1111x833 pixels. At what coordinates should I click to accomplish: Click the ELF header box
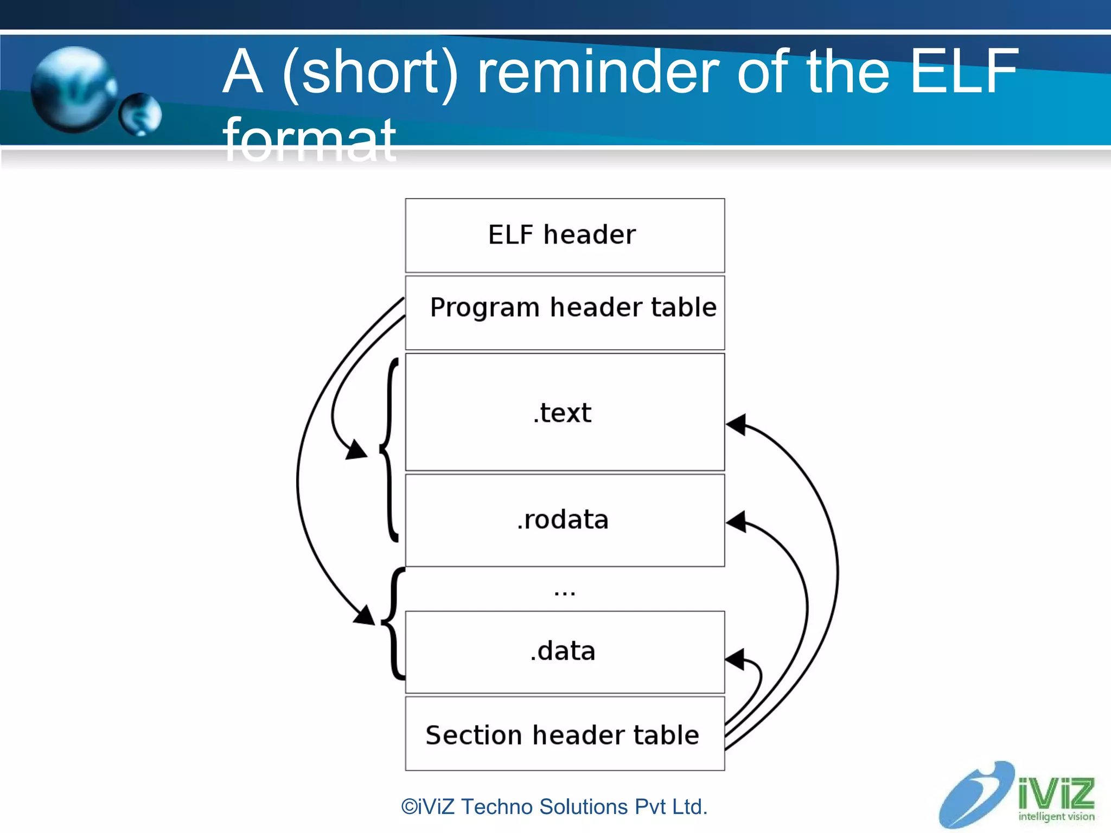(564, 235)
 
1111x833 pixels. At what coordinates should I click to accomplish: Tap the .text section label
(562, 413)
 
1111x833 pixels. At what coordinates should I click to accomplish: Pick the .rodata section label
(562, 520)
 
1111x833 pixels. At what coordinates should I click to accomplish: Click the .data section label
(562, 651)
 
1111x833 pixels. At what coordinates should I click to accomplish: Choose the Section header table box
(564, 734)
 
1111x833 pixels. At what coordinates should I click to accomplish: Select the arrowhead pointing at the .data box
(735, 659)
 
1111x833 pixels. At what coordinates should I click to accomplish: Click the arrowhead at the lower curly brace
(365, 616)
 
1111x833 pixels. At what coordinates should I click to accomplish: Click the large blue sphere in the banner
(73, 89)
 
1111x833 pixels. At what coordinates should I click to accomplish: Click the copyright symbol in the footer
(409, 807)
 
